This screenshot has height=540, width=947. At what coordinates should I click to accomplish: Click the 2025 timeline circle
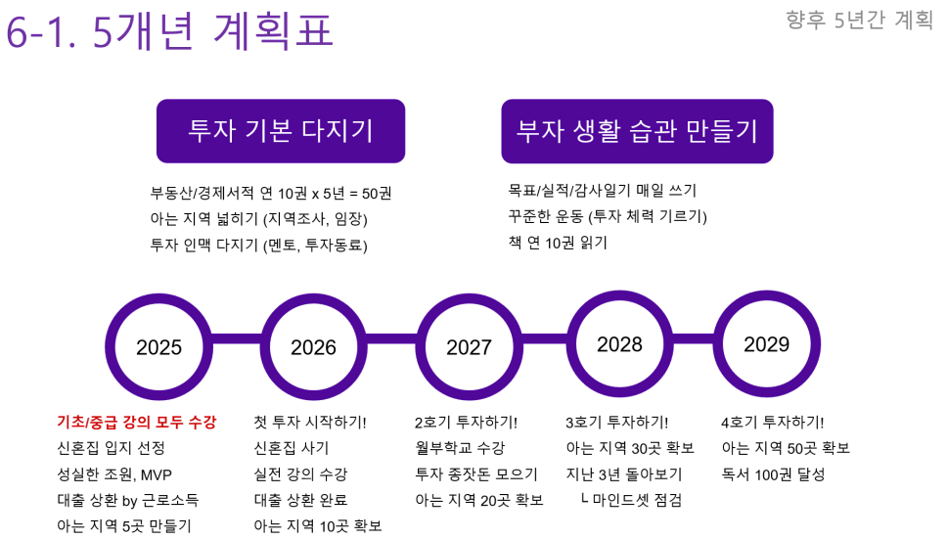[x=158, y=346]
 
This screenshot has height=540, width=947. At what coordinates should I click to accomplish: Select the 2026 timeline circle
[x=313, y=346]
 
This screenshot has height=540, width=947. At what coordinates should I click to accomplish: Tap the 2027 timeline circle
[x=469, y=346]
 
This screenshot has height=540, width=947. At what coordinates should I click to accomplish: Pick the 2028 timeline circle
[x=619, y=343]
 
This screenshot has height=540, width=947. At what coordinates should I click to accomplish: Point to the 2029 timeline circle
[x=767, y=343]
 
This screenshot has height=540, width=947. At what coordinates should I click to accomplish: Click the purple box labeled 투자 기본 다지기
[x=281, y=131]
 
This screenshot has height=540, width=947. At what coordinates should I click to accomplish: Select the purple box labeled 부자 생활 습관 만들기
[x=637, y=131]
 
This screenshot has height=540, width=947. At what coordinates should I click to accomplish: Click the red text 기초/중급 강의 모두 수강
[x=137, y=422]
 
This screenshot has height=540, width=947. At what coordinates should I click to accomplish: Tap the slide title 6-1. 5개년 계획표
[x=169, y=30]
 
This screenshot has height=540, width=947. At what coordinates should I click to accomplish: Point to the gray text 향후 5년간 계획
[x=859, y=20]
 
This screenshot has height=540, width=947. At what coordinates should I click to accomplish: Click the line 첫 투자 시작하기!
[x=310, y=422]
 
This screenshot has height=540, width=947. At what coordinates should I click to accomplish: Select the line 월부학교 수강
[x=460, y=448]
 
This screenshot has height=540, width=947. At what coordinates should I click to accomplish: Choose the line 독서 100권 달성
[x=773, y=474]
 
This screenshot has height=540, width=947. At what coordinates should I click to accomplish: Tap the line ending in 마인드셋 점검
[x=631, y=500]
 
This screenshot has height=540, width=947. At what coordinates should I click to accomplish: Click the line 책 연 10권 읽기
[x=558, y=243]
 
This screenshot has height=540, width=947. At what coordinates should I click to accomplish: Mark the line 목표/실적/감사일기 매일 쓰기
[x=602, y=190]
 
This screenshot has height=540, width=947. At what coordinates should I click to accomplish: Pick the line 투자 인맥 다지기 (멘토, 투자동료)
[x=258, y=245]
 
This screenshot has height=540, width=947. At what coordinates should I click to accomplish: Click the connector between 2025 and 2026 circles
[x=237, y=339]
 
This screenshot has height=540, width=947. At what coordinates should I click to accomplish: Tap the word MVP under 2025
[x=156, y=474]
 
